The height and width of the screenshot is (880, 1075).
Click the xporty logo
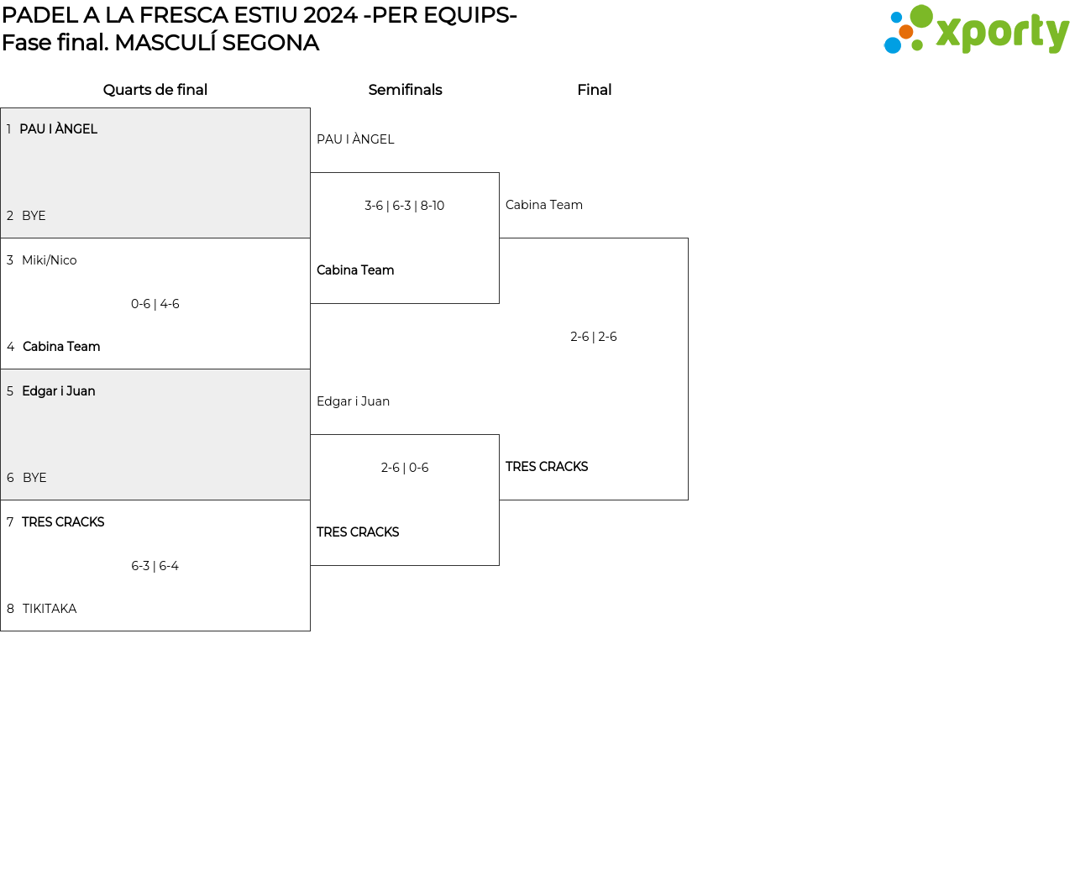[976, 30]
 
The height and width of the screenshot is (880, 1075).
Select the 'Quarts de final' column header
[155, 90]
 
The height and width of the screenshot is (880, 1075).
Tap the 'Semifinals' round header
[405, 90]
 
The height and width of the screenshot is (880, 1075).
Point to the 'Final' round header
[594, 90]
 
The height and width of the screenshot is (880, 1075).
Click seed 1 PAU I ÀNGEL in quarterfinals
[58, 129]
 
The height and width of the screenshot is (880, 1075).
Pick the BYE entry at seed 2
[34, 216]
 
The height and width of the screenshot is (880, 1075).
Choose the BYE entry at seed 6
[34, 478]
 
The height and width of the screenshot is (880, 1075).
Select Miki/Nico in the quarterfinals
[49, 260]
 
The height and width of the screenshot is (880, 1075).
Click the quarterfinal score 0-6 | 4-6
[155, 304]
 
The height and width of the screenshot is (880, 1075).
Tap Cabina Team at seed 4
[61, 347]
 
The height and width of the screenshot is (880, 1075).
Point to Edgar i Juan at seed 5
[58, 391]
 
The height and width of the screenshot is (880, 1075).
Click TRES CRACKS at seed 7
[63, 522]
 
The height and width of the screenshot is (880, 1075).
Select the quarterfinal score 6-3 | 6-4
[155, 566]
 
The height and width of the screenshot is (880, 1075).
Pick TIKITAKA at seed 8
[50, 609]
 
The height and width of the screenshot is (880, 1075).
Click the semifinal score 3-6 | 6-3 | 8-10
[404, 206]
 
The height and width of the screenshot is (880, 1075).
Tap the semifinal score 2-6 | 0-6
[405, 468]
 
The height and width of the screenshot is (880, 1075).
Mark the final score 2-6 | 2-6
[594, 337]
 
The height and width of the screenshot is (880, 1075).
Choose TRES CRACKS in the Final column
[547, 467]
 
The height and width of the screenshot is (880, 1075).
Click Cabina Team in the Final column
[544, 205]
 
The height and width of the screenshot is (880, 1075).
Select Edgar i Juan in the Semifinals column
[353, 401]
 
